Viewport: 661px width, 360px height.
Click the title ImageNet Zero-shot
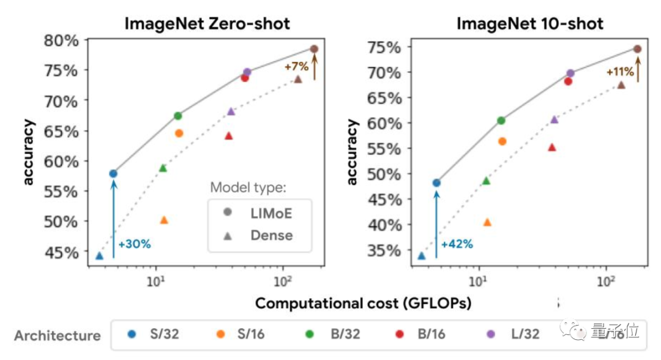pos(207,24)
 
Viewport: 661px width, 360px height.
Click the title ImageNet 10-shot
pos(529,24)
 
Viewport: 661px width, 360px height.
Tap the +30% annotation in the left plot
pos(134,244)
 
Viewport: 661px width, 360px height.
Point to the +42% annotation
pos(457,244)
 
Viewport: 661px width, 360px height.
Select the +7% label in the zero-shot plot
pos(296,66)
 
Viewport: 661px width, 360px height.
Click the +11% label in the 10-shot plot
pos(619,72)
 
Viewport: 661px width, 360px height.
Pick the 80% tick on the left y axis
pos(61,41)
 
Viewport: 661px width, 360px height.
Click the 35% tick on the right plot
pos(384,250)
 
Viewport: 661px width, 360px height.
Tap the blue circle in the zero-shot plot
pos(113,174)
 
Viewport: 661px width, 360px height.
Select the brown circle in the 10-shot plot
pos(637,49)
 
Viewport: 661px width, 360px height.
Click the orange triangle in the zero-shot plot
pos(163,220)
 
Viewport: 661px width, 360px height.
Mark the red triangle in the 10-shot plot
pos(551,147)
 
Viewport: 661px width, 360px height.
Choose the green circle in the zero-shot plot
pos(178,116)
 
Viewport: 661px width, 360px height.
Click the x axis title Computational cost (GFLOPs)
pos(363,303)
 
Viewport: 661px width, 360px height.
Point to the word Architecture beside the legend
pos(58,336)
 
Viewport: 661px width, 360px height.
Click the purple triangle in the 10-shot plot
pos(554,119)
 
